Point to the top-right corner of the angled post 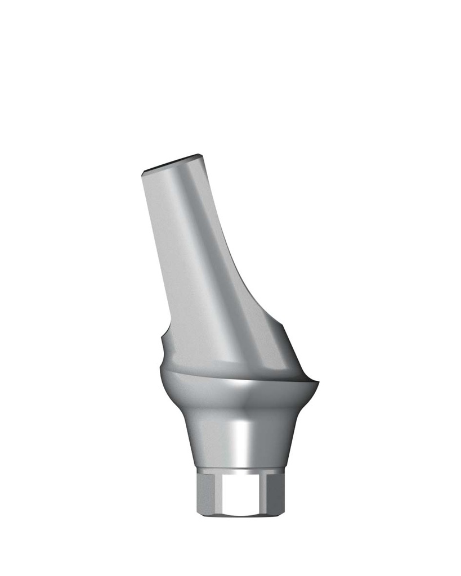[201, 155]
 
